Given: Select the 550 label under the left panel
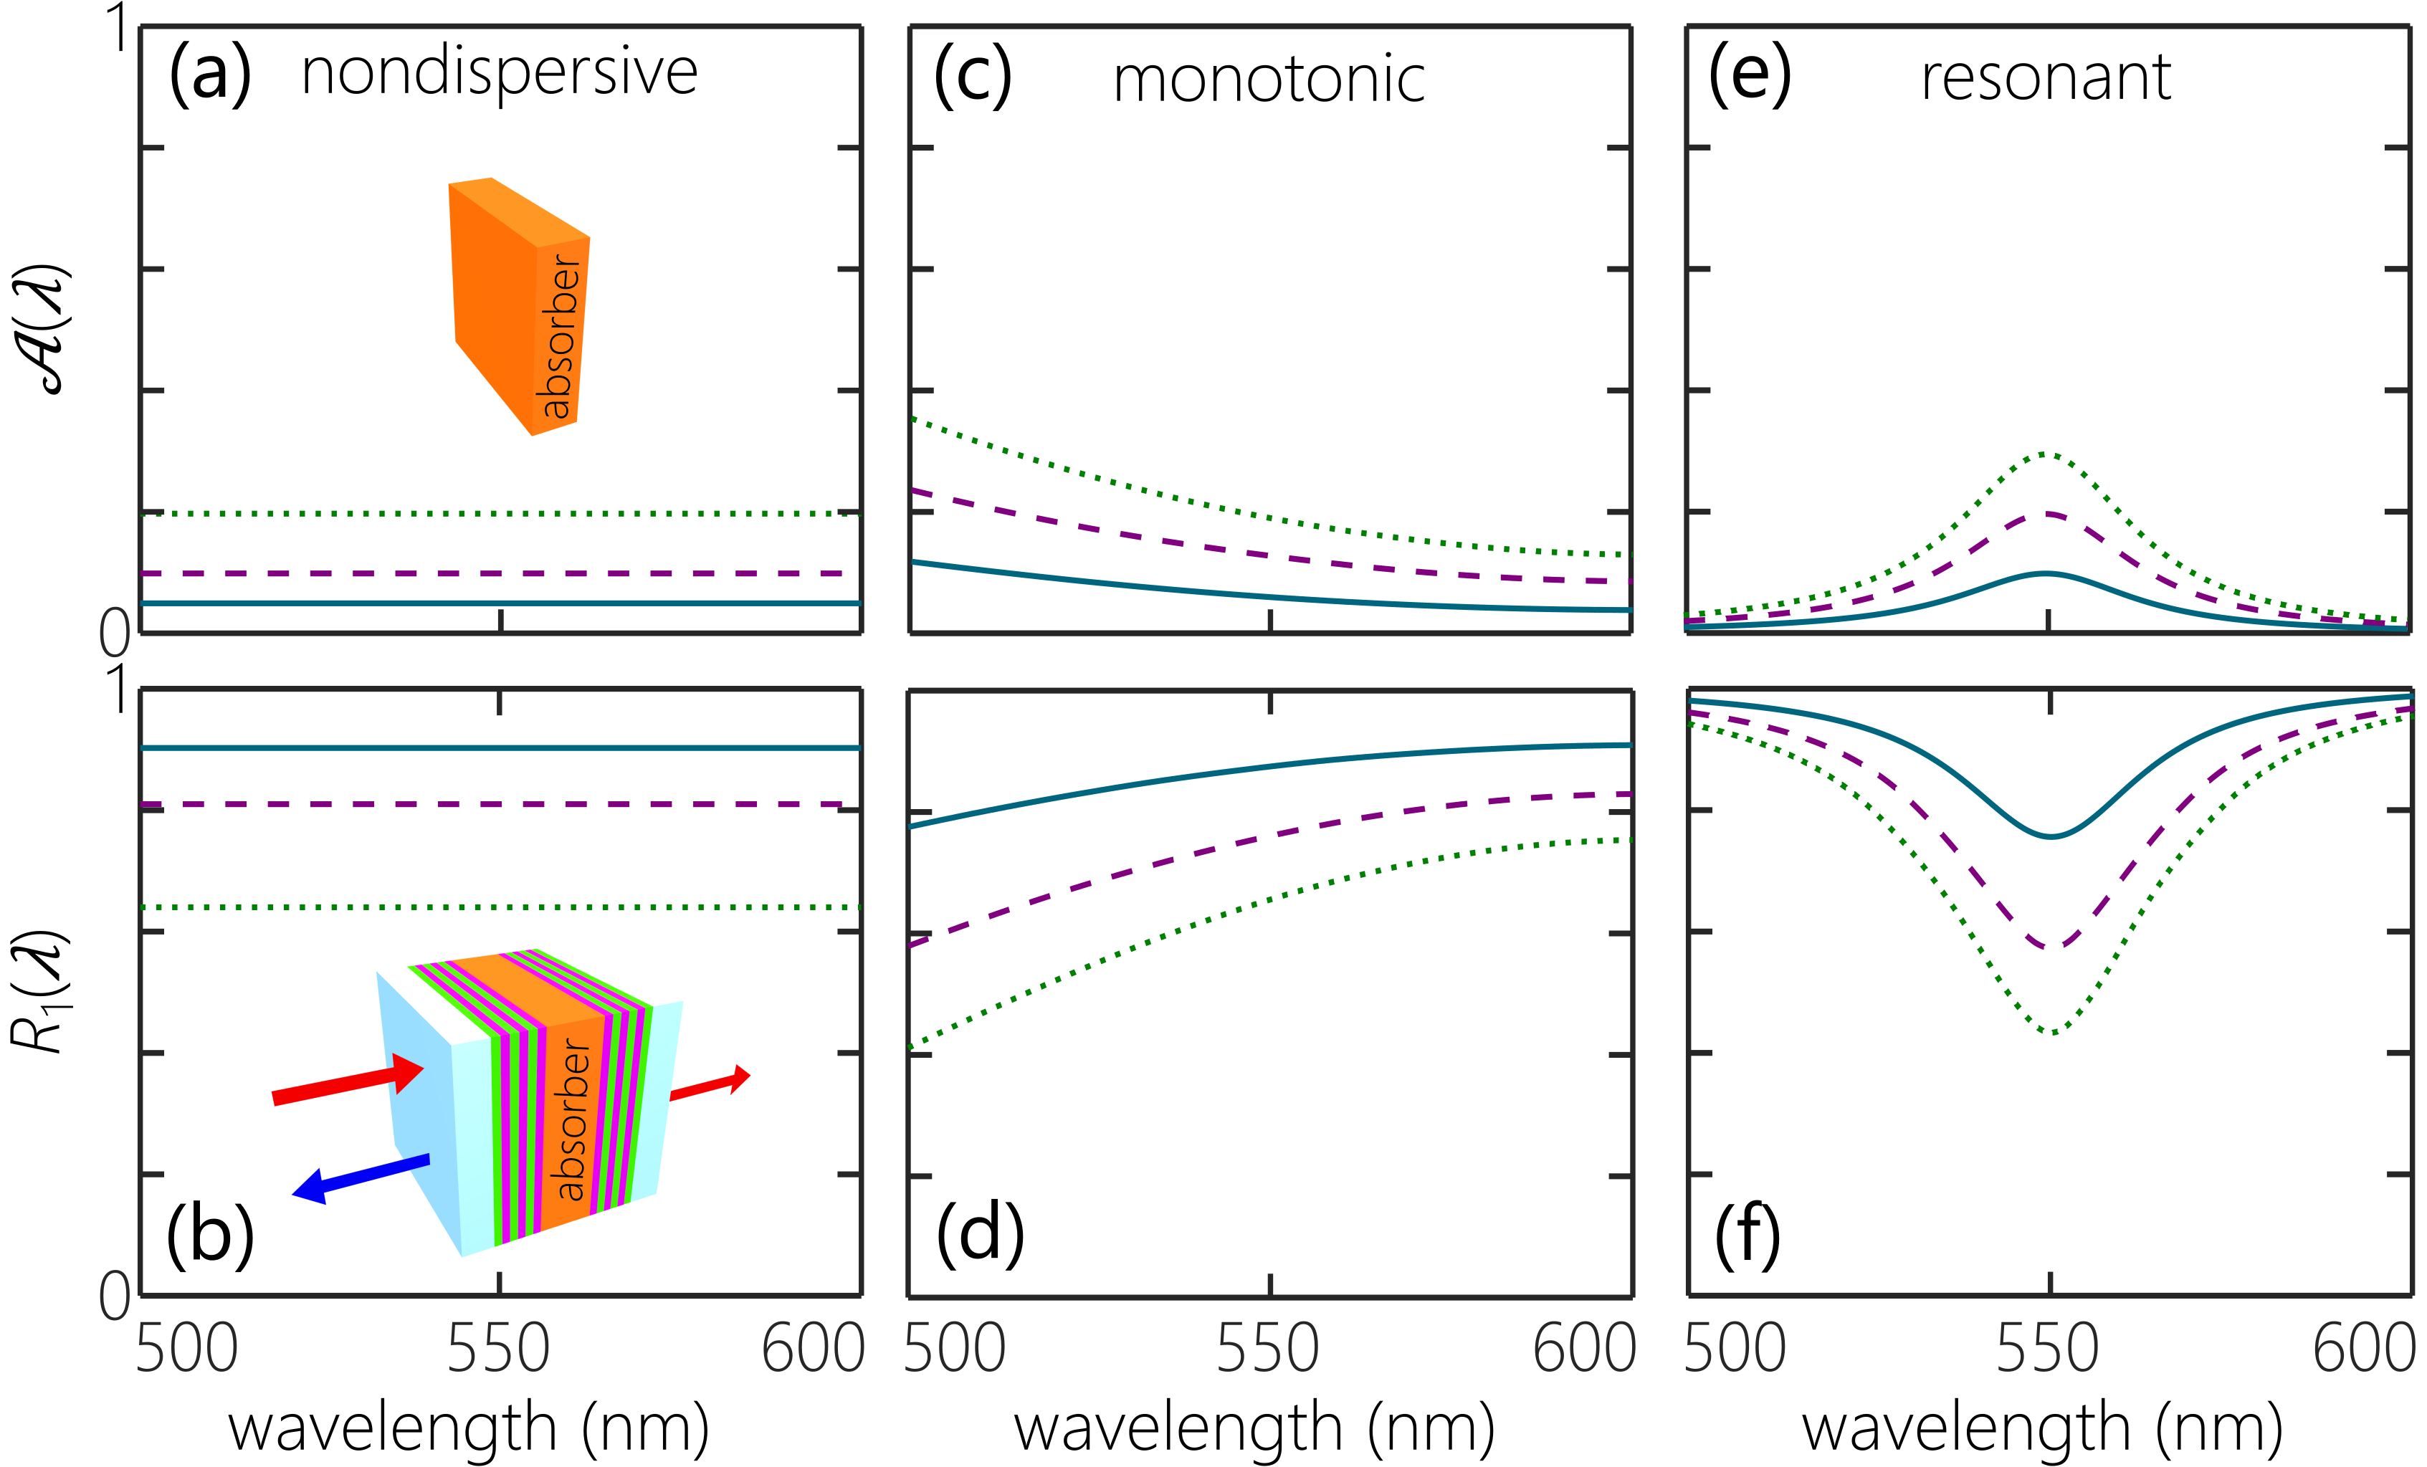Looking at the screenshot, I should point(498,1348).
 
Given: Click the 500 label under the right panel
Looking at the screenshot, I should point(1735,1348).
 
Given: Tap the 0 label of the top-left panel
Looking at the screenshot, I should point(114,633).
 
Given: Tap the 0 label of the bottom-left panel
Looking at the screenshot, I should point(114,1296).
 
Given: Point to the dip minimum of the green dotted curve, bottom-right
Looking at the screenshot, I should point(2053,1032).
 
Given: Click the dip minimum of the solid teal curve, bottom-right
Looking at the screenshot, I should point(2051,836).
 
